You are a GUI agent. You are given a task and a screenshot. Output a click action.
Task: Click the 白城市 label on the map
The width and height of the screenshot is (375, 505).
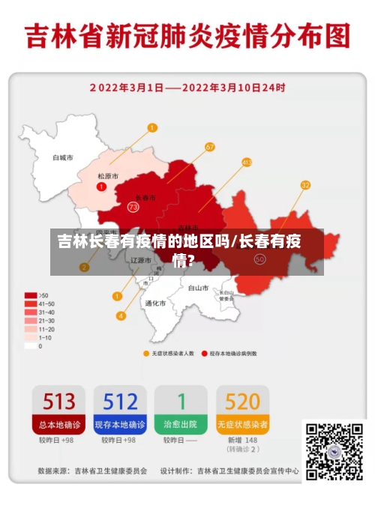[62, 158]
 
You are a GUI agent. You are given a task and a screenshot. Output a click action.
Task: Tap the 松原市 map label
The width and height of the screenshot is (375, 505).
[108, 176]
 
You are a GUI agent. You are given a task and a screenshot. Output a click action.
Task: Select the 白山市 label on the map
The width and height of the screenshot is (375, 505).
[198, 287]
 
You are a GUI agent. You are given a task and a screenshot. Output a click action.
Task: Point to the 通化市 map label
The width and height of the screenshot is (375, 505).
[155, 303]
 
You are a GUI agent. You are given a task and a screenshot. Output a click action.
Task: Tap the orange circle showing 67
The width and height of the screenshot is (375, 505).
[210, 147]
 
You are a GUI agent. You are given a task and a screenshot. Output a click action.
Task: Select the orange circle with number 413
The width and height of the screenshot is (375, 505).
[247, 162]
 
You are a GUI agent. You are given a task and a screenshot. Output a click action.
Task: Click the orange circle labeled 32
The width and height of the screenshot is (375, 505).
[305, 185]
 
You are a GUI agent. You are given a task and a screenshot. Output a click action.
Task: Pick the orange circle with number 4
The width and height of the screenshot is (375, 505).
[120, 315]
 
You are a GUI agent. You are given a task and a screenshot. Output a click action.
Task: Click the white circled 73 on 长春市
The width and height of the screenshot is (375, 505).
[133, 206]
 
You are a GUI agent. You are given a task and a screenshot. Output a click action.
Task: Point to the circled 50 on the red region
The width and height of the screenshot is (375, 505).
[260, 259]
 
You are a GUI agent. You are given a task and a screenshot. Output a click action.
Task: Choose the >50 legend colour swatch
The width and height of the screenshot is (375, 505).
[31, 295]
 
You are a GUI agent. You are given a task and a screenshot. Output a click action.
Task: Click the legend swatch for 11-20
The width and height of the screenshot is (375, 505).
[31, 329]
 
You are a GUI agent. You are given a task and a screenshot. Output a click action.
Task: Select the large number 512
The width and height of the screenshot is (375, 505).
[120, 401]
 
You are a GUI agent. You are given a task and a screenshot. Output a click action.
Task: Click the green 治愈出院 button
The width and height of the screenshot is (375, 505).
[181, 424]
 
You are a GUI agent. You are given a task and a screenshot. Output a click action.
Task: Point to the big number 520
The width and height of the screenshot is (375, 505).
[242, 401]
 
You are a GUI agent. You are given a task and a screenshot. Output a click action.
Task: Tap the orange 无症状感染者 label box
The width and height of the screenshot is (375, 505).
[242, 424]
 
